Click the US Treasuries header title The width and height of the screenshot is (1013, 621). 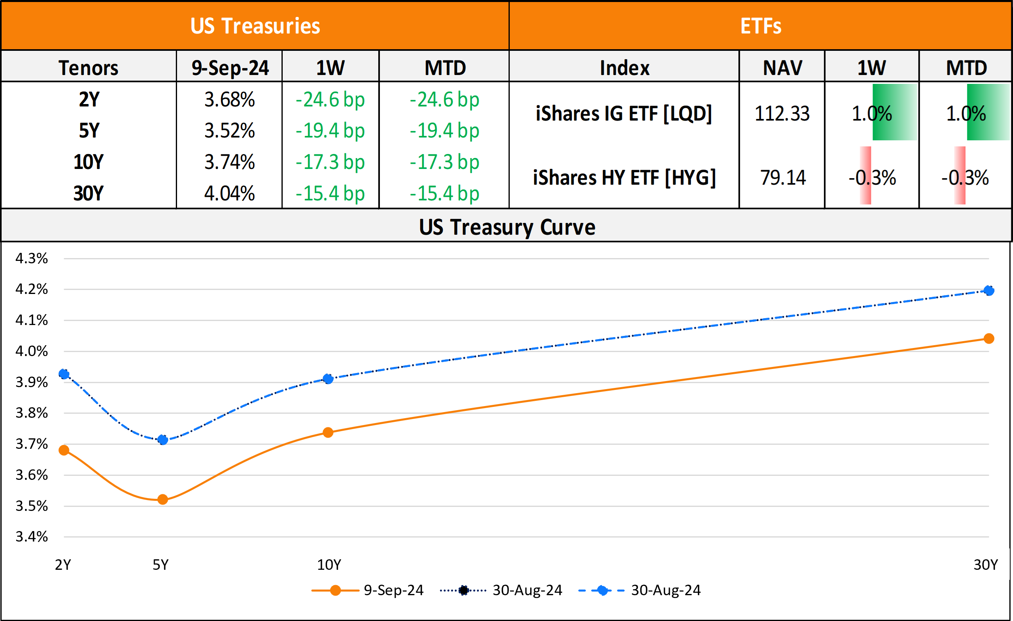(255, 26)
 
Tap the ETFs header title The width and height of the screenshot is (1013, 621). (761, 26)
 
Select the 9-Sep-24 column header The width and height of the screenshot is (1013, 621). (230, 68)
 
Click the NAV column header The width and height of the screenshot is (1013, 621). (782, 68)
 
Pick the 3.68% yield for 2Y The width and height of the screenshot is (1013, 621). (229, 100)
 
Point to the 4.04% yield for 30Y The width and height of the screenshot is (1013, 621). (229, 193)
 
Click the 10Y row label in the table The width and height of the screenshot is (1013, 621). (88, 162)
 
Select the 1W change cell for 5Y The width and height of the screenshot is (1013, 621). (330, 131)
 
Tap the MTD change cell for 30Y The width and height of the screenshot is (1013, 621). (444, 193)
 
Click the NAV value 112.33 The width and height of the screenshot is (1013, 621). (782, 113)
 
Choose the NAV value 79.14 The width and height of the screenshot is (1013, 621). (783, 177)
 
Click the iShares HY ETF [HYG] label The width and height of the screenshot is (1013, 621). (624, 177)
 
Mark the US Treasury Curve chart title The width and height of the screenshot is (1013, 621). (507, 227)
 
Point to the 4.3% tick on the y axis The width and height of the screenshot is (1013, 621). (31, 258)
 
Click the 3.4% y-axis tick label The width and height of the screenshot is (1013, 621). (31, 536)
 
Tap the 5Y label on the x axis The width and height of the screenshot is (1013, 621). (160, 565)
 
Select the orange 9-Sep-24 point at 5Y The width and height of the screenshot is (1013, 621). (163, 499)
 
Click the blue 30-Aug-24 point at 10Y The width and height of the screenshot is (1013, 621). (328, 379)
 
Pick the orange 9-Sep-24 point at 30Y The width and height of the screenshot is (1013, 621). (989, 338)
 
